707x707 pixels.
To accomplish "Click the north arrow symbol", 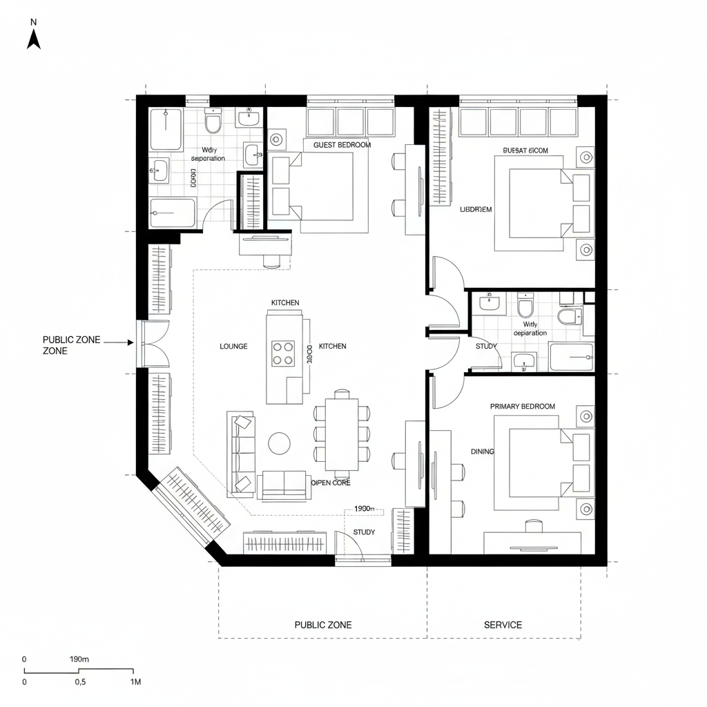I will pyautogui.click(x=33, y=39).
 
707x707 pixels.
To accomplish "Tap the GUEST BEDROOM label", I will pyautogui.click(x=342, y=145).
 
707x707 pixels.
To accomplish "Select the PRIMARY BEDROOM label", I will pyautogui.click(x=522, y=407).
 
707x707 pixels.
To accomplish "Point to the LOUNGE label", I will pyautogui.click(x=233, y=346).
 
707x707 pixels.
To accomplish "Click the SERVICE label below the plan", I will pyautogui.click(x=503, y=625).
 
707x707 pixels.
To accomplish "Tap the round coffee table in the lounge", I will pyautogui.click(x=280, y=443).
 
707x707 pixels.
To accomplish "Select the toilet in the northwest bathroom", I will pyautogui.click(x=213, y=123).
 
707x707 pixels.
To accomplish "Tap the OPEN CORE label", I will pyautogui.click(x=331, y=483).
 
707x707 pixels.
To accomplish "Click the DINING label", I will pyautogui.click(x=483, y=452).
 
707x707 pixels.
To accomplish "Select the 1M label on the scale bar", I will pyautogui.click(x=135, y=682).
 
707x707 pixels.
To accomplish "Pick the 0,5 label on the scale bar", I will pyautogui.click(x=80, y=682).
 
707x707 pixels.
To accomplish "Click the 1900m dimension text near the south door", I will pyautogui.click(x=364, y=509).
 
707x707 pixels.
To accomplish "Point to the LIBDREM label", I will pyautogui.click(x=476, y=210).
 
